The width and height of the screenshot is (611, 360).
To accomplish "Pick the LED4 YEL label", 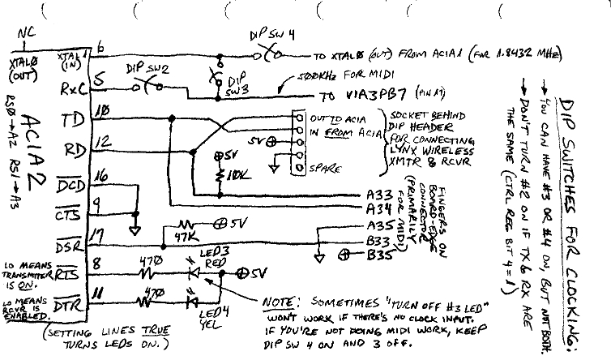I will click(x=216, y=315).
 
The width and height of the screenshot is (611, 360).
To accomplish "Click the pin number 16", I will click(x=101, y=174).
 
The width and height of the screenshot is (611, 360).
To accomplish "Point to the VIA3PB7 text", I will click(x=360, y=93).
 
